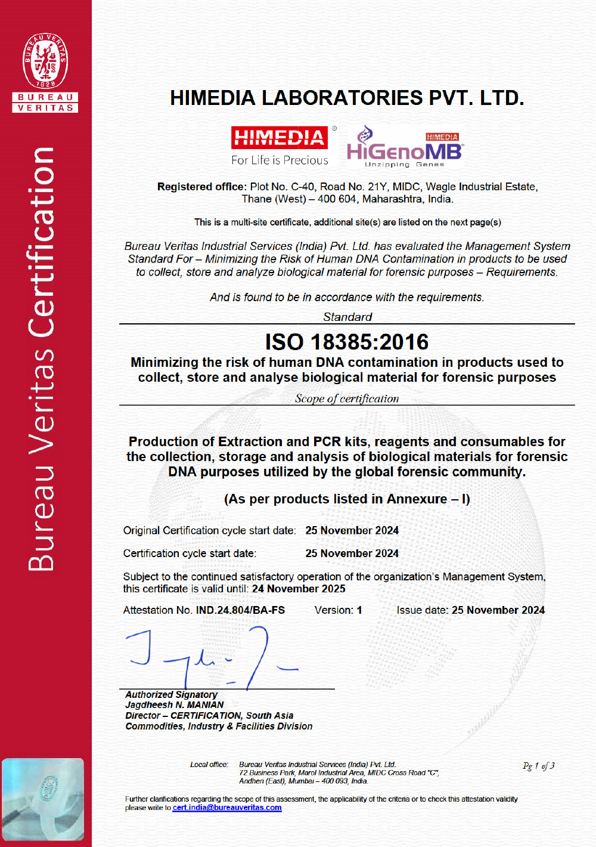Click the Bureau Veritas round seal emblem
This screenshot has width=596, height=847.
45,60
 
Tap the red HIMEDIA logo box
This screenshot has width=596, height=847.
280,138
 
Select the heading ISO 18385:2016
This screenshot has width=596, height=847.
347,342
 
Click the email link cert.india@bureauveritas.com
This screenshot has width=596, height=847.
227,808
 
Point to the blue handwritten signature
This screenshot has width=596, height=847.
209,656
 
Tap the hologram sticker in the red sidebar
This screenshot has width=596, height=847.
43,799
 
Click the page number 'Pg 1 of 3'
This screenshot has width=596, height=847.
538,766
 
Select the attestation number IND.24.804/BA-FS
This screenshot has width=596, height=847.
240,610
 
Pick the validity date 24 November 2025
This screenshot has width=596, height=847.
299,589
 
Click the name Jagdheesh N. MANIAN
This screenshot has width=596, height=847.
175,705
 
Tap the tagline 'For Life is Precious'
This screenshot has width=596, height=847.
280,160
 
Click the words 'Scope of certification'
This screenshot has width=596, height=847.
347,398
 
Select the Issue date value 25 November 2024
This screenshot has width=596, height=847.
498,610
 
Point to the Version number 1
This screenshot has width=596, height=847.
359,610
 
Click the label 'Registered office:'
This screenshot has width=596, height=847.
201,187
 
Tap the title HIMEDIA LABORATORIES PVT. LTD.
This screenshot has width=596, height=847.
347,98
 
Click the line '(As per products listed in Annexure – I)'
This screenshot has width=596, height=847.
347,499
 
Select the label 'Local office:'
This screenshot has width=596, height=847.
209,765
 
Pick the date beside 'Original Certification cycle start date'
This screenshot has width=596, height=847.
352,530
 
